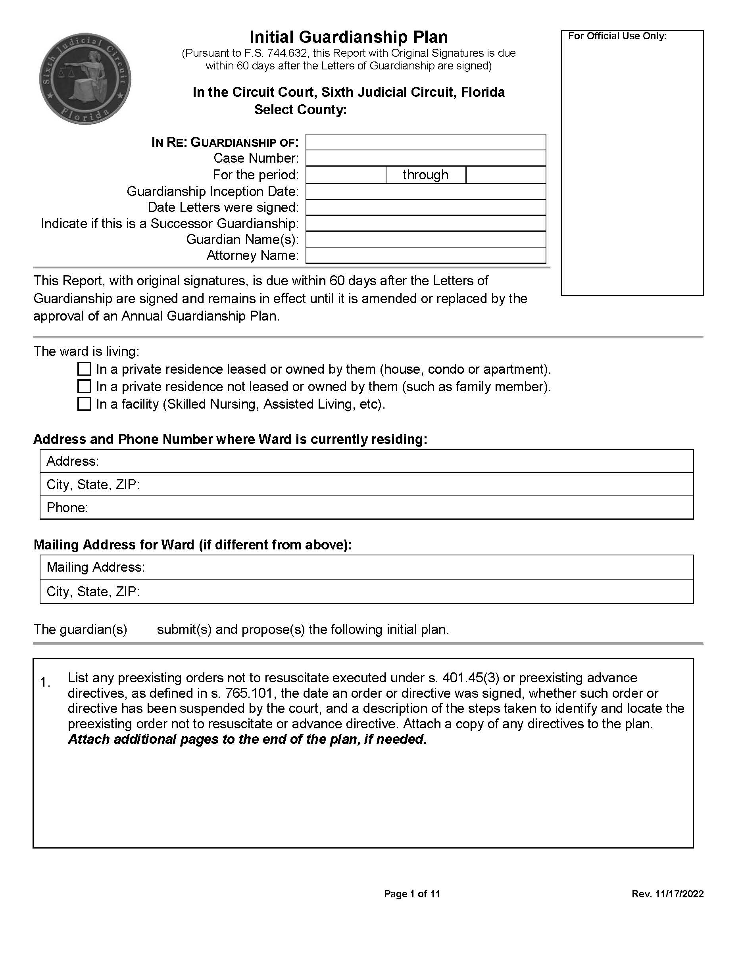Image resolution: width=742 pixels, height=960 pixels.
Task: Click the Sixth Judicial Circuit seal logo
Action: coord(85,79)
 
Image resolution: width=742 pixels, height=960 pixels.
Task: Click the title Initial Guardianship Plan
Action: coord(349,37)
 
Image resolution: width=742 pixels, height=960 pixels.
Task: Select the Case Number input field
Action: coord(425,158)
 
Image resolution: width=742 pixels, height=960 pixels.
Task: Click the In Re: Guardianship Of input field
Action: coord(425,142)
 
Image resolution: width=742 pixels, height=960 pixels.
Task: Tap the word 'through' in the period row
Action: coord(425,175)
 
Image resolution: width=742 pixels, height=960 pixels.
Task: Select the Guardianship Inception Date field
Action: coord(425,192)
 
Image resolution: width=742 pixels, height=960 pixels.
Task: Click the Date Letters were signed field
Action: coord(425,207)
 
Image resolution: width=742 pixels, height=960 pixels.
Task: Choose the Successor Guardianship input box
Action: coord(425,223)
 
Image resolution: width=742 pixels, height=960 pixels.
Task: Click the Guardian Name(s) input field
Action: coord(425,240)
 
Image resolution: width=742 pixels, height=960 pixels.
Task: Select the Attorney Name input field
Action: coord(425,255)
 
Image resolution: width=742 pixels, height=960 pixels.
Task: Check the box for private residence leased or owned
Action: coord(84,369)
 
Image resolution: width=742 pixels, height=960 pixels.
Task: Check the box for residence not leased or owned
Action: coord(84,386)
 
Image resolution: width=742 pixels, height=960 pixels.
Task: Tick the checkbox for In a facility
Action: coord(84,404)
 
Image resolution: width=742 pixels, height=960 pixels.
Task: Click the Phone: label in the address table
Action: coord(67,508)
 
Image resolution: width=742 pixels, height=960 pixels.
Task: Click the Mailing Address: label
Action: coord(95,567)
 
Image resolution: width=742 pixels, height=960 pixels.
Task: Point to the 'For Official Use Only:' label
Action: coord(617,36)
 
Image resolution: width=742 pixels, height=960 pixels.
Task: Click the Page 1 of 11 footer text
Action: coord(411,894)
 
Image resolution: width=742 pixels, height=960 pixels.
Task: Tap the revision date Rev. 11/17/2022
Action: coord(667,894)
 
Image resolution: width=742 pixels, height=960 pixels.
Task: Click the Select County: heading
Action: coord(300,109)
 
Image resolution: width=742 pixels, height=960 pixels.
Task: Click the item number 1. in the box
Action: coord(45,682)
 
